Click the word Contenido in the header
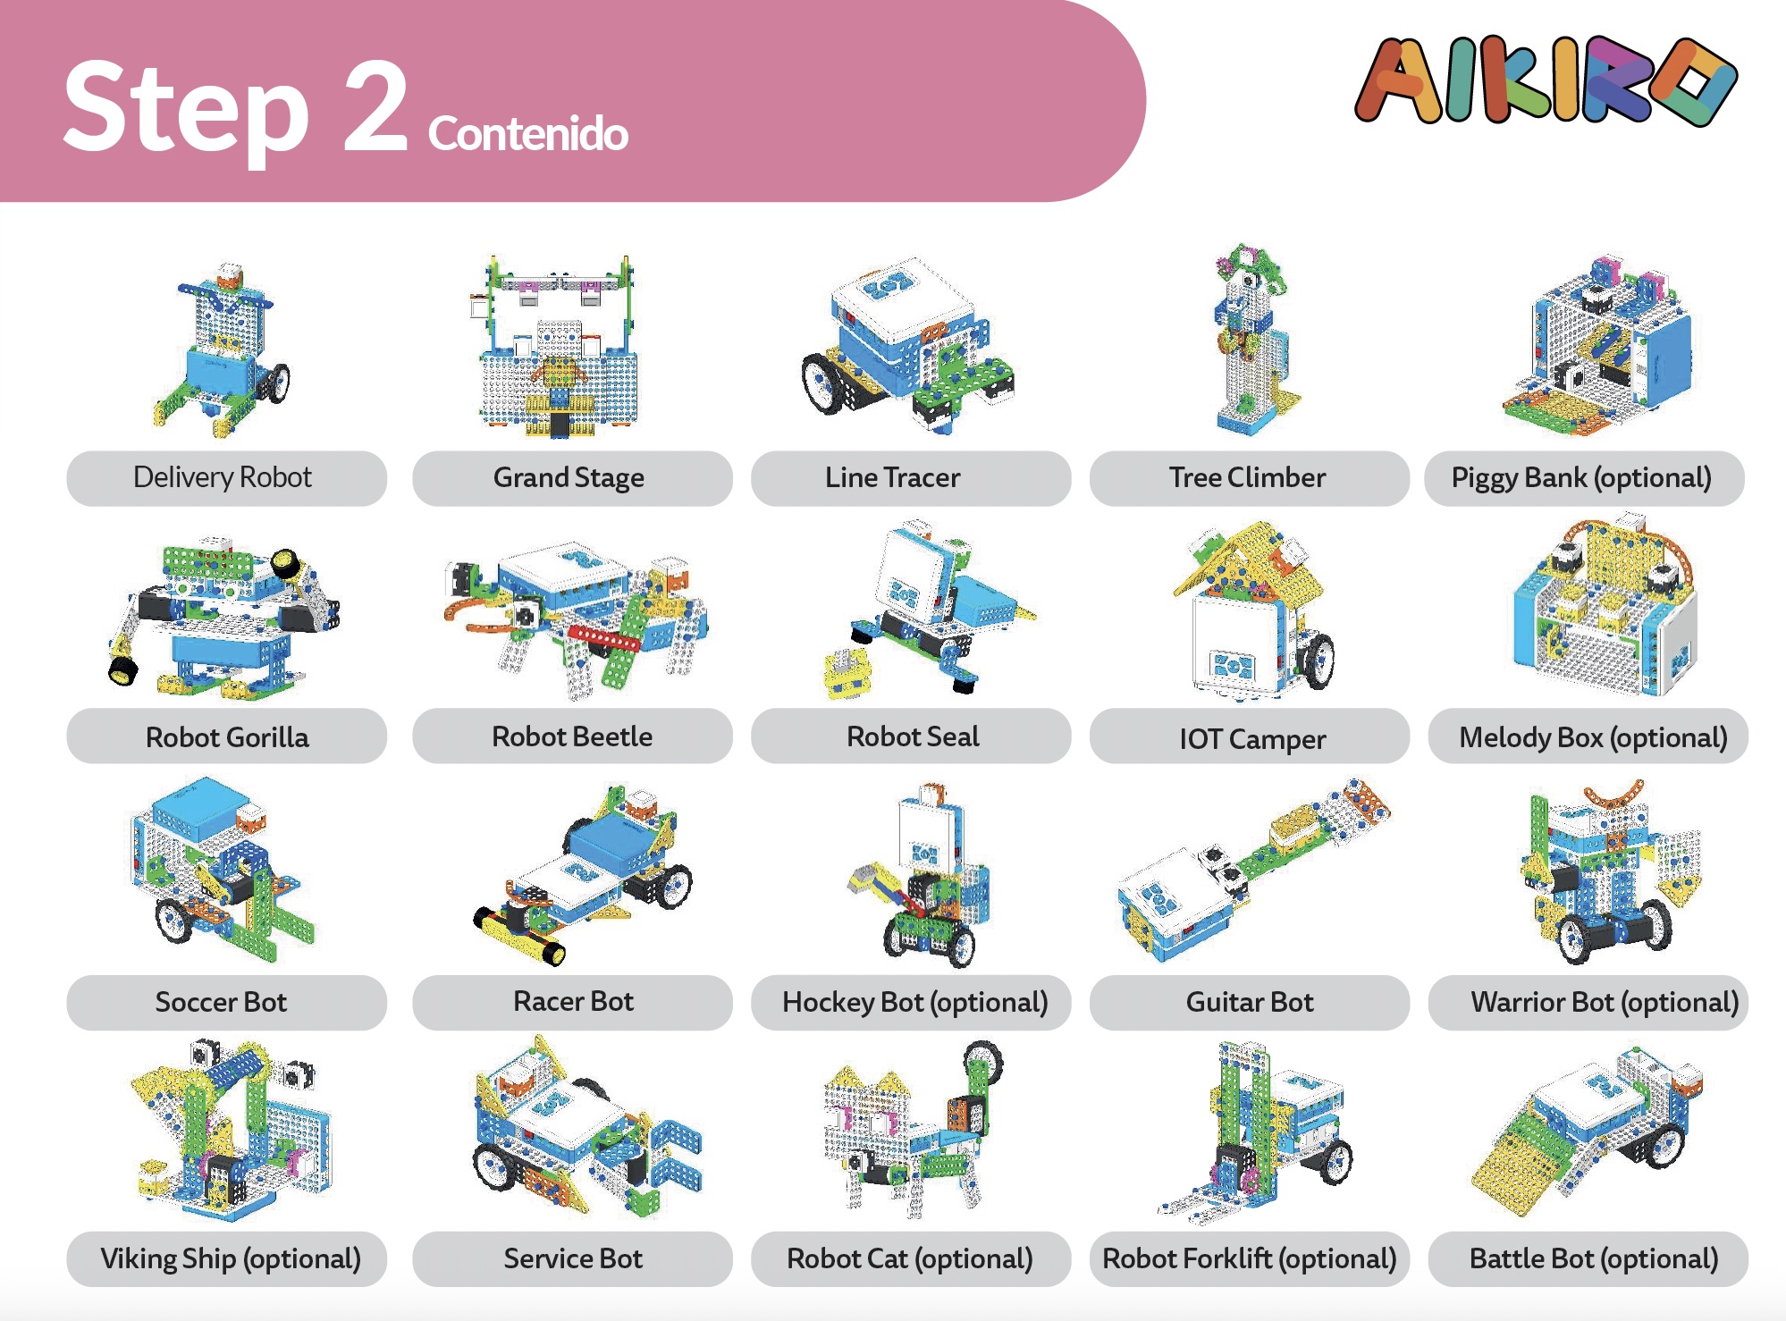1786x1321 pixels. click(x=527, y=134)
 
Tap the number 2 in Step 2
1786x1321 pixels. click(x=375, y=107)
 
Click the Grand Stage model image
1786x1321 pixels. click(x=559, y=349)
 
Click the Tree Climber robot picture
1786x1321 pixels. click(x=1251, y=340)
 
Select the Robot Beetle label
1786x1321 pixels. click(x=572, y=736)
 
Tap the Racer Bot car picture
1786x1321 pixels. click(x=586, y=876)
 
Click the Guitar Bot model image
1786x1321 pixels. click(x=1251, y=871)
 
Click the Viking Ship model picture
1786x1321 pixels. click(x=232, y=1131)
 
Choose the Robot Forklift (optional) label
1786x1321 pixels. click(x=1250, y=1258)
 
